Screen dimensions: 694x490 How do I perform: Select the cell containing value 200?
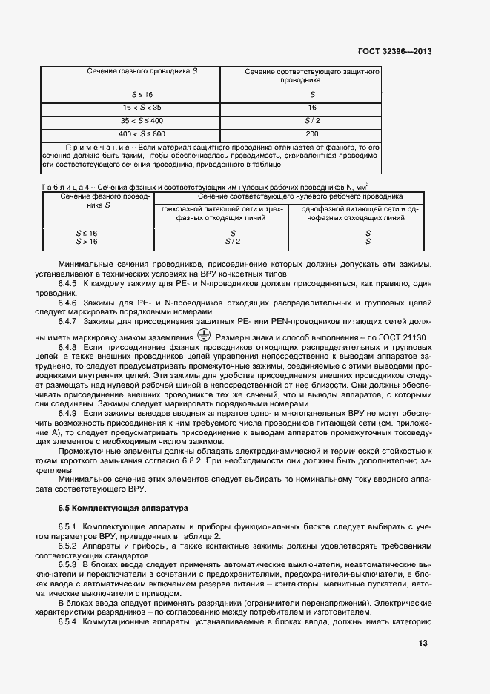pyautogui.click(x=311, y=133)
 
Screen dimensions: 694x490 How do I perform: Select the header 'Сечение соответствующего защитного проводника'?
pyautogui.click(x=311, y=75)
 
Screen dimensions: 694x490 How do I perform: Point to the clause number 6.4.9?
pyautogui.click(x=67, y=412)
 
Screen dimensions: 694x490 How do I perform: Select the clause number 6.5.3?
pyautogui.click(x=67, y=564)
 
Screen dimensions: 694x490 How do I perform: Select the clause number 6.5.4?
pyautogui.click(x=67, y=621)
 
